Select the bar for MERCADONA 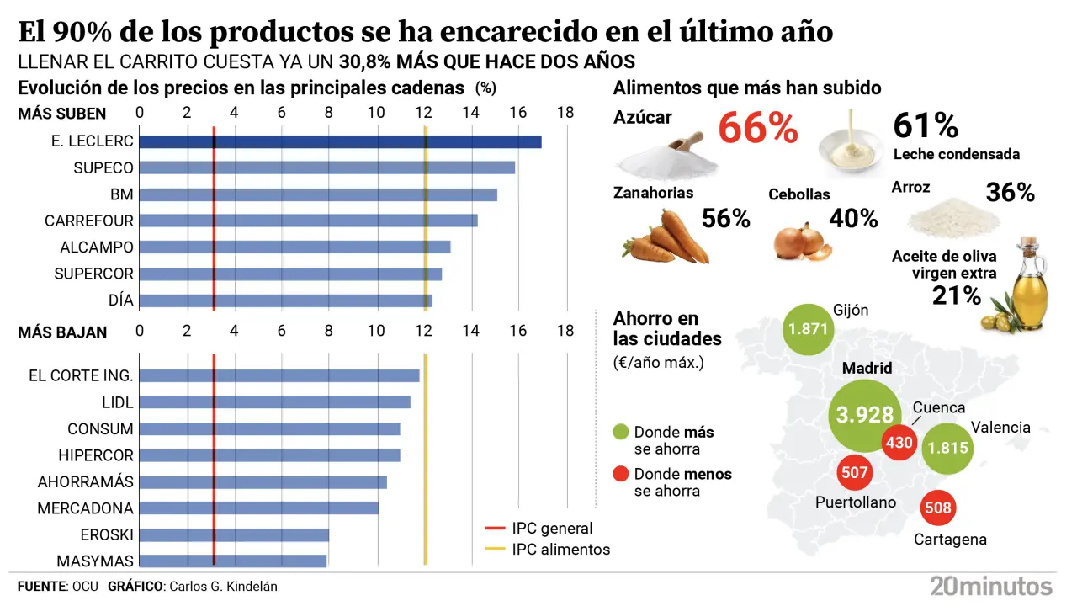(259, 508)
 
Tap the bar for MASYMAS (233, 561)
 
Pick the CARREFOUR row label (89, 221)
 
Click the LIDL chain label (117, 402)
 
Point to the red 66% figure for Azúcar (757, 128)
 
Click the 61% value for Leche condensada (926, 125)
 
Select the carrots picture (665, 237)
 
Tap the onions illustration (802, 242)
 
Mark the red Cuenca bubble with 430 (899, 442)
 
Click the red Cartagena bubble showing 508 (936, 508)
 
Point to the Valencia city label (1000, 427)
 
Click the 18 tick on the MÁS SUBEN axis (565, 113)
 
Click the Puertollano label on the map (856, 502)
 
